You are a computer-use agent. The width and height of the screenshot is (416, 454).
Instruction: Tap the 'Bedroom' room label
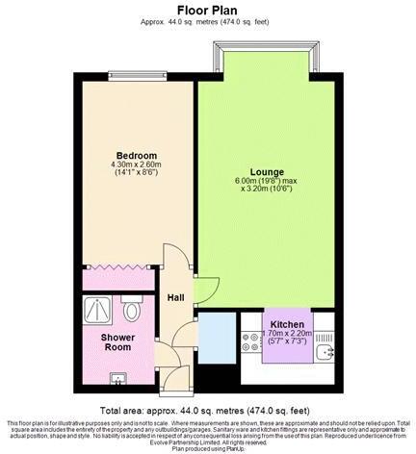(136, 155)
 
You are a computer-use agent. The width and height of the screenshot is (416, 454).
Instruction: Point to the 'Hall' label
(176, 297)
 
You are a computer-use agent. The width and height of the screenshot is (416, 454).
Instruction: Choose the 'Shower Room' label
(120, 342)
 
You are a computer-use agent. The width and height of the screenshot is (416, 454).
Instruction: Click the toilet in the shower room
(131, 312)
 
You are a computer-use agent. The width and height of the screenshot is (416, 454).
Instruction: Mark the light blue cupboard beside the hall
(218, 338)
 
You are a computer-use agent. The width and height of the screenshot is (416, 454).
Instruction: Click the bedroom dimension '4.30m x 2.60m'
(136, 164)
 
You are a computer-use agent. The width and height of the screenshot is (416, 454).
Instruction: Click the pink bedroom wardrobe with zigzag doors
(117, 280)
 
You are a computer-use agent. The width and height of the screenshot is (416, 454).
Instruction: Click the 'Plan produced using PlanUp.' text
(207, 449)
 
